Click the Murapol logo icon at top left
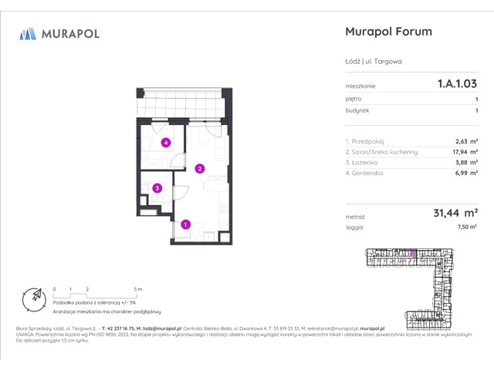pyautogui.click(x=28, y=33)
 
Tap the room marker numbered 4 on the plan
pyautogui.click(x=165, y=143)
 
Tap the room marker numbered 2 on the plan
pyautogui.click(x=199, y=168)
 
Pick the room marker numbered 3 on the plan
pyautogui.click(x=157, y=187)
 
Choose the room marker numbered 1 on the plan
pyautogui.click(x=186, y=224)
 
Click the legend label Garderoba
pyautogui.click(x=364, y=173)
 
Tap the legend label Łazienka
pyautogui.click(x=363, y=163)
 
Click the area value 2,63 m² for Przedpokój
pyautogui.click(x=466, y=141)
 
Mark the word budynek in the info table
pyautogui.click(x=357, y=111)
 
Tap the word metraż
pyautogui.click(x=354, y=217)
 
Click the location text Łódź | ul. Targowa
pyautogui.click(x=371, y=62)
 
